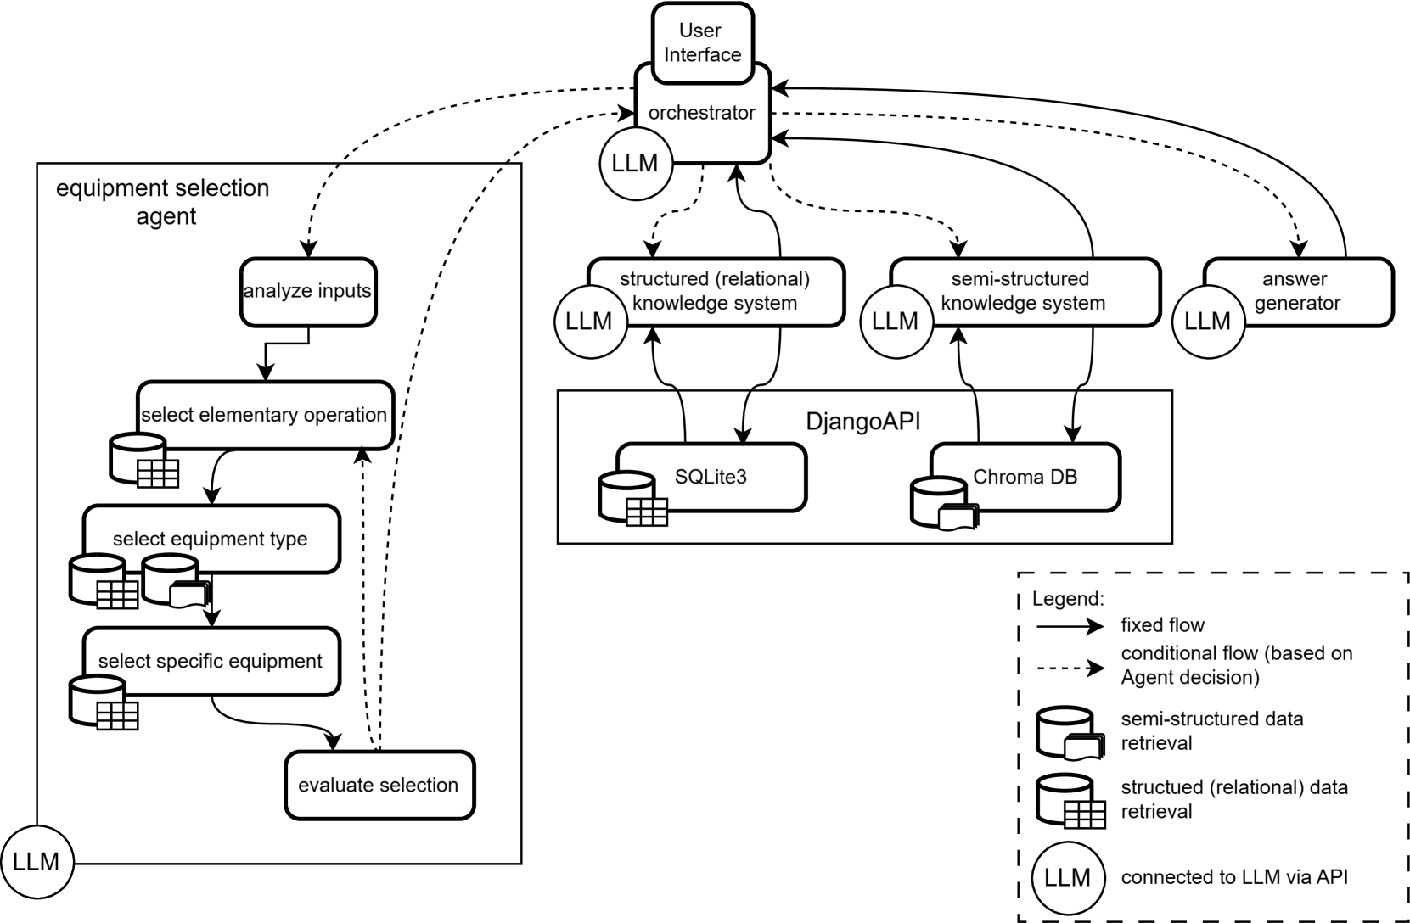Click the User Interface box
pos(701,42)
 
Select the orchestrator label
pos(701,113)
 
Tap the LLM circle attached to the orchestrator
pos(635,163)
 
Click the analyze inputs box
pos(308,292)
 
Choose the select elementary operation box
pos(265,415)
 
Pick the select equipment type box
pos(211,539)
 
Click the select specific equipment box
pos(211,662)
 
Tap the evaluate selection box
pos(379,786)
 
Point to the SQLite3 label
pos(711,477)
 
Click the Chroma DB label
pos(1025,477)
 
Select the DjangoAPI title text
pos(862,422)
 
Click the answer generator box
pos(1296,292)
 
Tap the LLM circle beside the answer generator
pos(1207,321)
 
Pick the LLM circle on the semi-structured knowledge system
pos(896,321)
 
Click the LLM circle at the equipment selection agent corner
pos(37,863)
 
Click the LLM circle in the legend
pos(1067,878)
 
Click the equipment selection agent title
pos(163,202)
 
